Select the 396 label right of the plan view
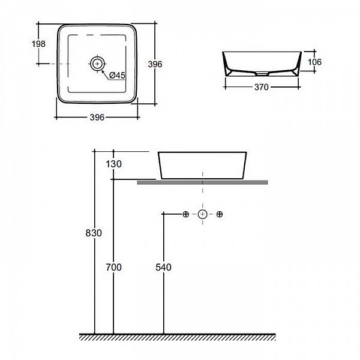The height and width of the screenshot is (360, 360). [157, 64]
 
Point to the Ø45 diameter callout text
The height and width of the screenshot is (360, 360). [117, 75]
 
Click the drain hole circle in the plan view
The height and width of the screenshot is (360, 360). [97, 62]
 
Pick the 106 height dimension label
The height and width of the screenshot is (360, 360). [316, 62]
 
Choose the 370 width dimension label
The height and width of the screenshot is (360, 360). [260, 87]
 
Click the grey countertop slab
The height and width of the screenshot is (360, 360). [202, 181]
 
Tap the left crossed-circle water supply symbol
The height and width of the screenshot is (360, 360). [185, 214]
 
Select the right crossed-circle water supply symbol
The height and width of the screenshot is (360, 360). [220, 214]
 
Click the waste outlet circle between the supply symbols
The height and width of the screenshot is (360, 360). [203, 214]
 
